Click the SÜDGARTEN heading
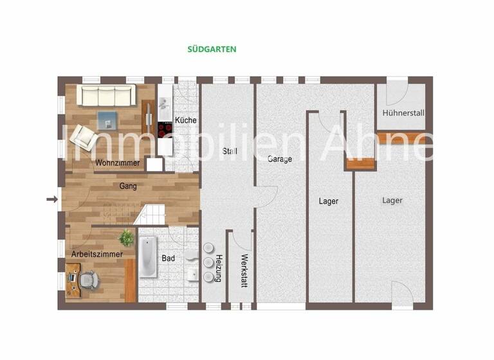[212, 49]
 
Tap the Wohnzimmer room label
[117, 163]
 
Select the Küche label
[185, 120]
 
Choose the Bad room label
[169, 258]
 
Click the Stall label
[230, 152]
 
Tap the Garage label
[280, 159]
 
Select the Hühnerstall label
[403, 113]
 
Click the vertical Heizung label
[219, 268]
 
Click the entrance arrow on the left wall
[52, 199]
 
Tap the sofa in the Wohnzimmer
[106, 95]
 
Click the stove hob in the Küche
[165, 127]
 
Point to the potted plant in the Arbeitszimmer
[127, 238]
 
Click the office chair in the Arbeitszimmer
[91, 279]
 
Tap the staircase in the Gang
[149, 213]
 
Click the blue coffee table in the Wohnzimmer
[107, 119]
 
